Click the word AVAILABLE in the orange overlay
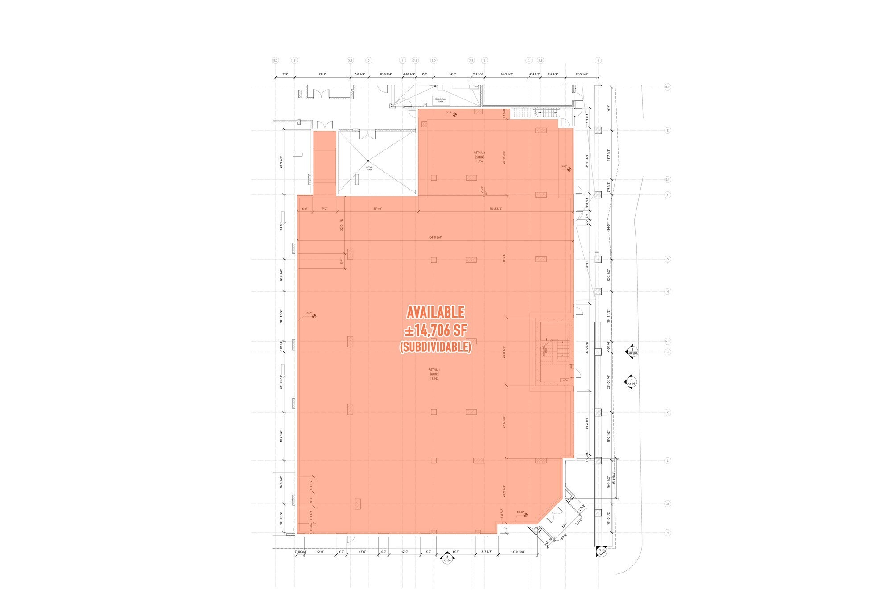point(435,312)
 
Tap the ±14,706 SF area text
point(435,330)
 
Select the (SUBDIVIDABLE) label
point(435,347)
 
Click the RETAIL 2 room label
point(479,153)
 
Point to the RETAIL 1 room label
point(434,370)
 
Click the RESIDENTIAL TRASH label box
point(440,100)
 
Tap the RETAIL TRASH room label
point(369,168)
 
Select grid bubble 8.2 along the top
point(275,60)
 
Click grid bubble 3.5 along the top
point(434,60)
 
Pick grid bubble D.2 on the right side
point(668,87)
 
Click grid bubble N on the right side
point(668,532)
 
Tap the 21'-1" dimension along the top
point(322,74)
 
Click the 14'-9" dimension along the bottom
point(455,552)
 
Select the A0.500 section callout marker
point(632,351)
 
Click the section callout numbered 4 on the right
point(632,382)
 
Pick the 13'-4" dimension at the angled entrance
point(564,525)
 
